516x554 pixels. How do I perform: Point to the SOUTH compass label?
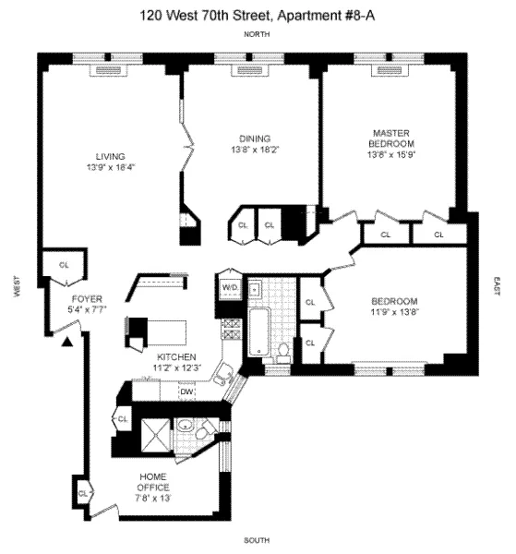257,539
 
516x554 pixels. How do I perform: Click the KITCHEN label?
174,357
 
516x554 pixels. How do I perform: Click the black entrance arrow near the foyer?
68,343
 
